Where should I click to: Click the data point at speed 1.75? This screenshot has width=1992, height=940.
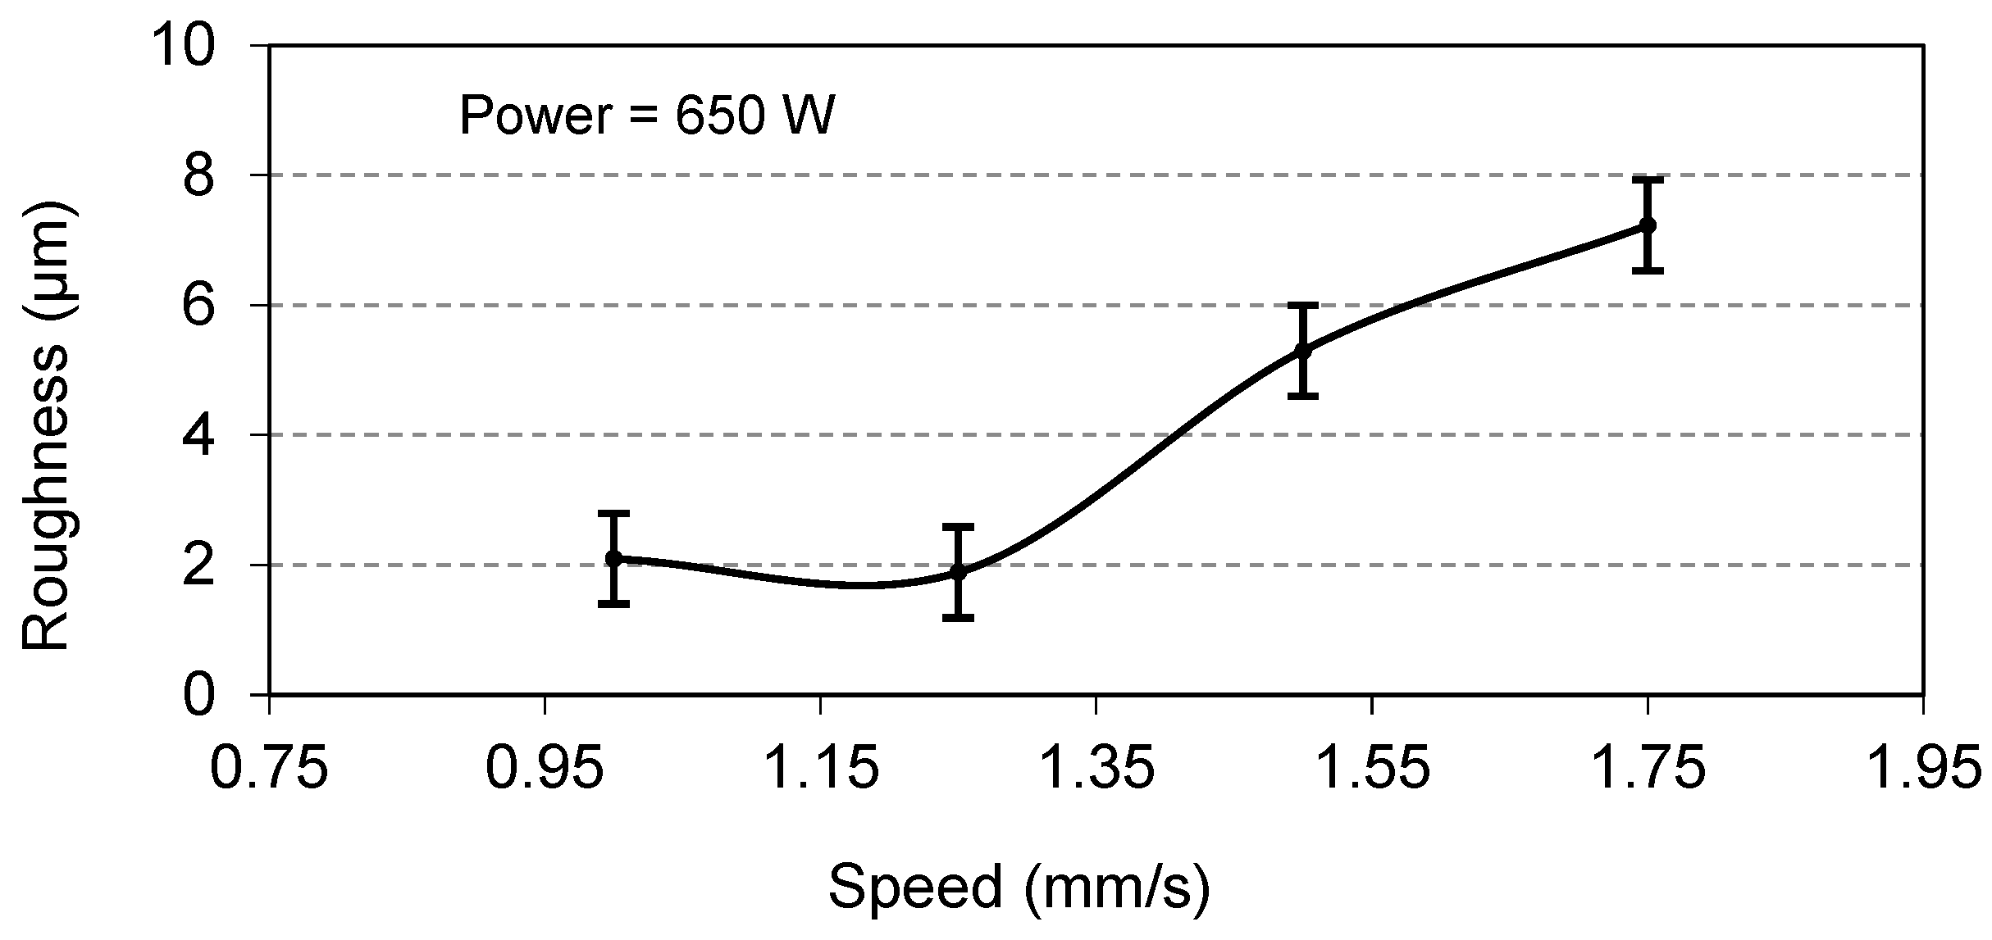pyautogui.click(x=1647, y=225)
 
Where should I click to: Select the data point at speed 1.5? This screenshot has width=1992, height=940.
pyautogui.click(x=1302, y=351)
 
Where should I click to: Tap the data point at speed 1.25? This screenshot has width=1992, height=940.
pyautogui.click(x=958, y=571)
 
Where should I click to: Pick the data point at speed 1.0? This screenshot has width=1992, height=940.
pyautogui.click(x=613, y=558)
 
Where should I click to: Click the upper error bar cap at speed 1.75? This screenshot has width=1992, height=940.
pyautogui.click(x=1647, y=179)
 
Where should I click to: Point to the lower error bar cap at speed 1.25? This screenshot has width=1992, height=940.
pyautogui.click(x=958, y=617)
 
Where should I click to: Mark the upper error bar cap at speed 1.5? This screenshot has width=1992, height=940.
pyautogui.click(x=1302, y=305)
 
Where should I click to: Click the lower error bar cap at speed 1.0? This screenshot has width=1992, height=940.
pyautogui.click(x=613, y=604)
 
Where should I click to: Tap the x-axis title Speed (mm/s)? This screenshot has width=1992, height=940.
pyautogui.click(x=1019, y=888)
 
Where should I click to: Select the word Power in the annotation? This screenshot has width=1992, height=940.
pyautogui.click(x=536, y=115)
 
